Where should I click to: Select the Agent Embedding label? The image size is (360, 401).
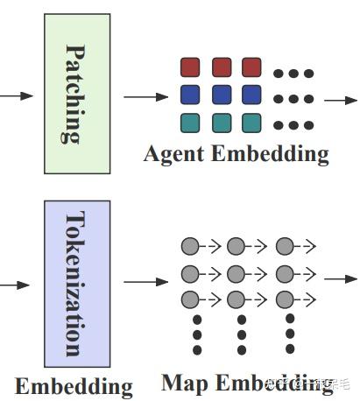236,155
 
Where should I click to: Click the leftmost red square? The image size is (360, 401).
191,67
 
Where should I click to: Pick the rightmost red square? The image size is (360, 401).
252,67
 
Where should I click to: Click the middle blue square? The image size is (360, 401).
222,95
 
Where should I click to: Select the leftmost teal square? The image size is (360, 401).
191,123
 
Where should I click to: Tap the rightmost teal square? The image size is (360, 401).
252,123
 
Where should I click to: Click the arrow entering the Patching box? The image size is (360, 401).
18,95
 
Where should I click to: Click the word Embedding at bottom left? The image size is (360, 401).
74,386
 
